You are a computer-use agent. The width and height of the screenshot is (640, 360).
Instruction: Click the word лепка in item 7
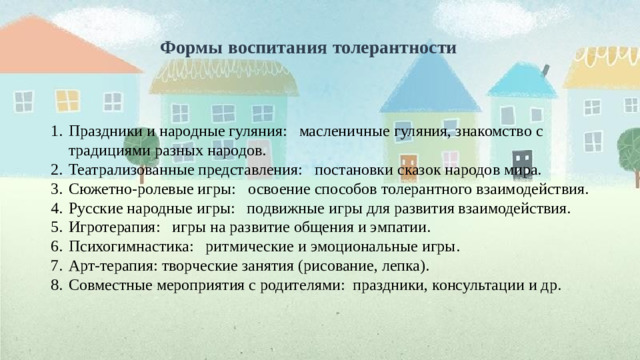pos(403,266)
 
